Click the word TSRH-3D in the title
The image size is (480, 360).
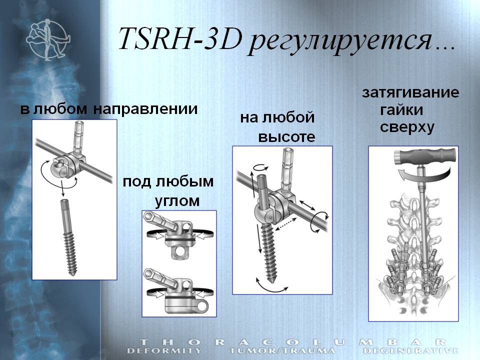pos(180,38)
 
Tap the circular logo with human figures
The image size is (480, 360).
pos(48,39)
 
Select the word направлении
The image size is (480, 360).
pos(145,109)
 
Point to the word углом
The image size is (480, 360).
pos(177,201)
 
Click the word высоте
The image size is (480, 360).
pos(286,137)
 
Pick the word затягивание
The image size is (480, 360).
pos(410,92)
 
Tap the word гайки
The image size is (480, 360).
pos(401,110)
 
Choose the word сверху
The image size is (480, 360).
pos(407,127)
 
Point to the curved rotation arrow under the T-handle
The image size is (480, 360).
pos(425,176)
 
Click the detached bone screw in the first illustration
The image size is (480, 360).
pos(68,237)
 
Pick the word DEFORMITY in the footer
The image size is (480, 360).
pos(164,350)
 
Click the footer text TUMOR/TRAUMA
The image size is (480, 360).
pos(282,350)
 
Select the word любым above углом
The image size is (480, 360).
pos(185,182)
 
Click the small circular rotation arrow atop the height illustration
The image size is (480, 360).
pos(262,167)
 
